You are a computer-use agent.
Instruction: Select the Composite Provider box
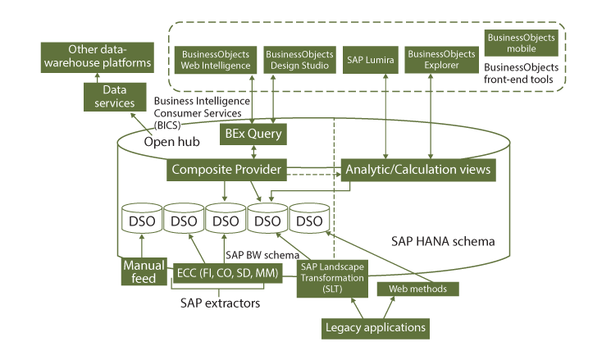(225, 171)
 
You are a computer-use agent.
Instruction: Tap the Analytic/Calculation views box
(418, 171)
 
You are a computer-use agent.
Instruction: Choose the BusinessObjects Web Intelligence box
(216, 59)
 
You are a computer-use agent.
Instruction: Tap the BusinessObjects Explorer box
(442, 59)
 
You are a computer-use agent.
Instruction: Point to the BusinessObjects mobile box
(522, 43)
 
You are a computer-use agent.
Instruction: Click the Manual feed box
(144, 272)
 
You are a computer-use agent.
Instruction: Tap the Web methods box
(417, 289)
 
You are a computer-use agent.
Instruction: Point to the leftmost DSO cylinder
(141, 220)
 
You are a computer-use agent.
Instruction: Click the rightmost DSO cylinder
(309, 220)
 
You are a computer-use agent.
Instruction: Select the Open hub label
(173, 142)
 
